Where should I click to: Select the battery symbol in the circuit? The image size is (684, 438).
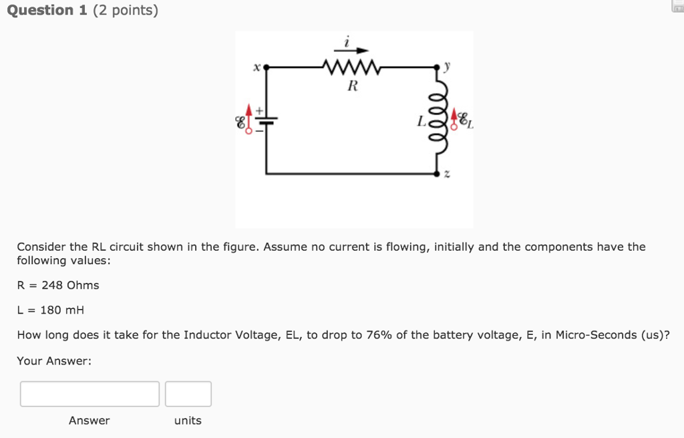pyautogui.click(x=267, y=121)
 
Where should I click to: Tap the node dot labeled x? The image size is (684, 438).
pyautogui.click(x=267, y=67)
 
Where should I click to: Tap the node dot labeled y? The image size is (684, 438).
pyautogui.click(x=438, y=67)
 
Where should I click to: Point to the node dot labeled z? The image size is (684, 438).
pyautogui.click(x=438, y=173)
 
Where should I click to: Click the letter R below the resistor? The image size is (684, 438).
pyautogui.click(x=353, y=86)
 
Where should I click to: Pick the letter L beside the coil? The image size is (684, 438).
pyautogui.click(x=421, y=122)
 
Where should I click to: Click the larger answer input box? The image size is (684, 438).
pyautogui.click(x=90, y=394)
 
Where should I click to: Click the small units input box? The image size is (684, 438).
pyautogui.click(x=188, y=394)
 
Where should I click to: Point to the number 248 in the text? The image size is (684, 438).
pyautogui.click(x=51, y=286)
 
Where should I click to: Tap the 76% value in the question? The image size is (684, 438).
pyautogui.click(x=379, y=335)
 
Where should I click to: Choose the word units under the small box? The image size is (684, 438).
pyautogui.click(x=188, y=421)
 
